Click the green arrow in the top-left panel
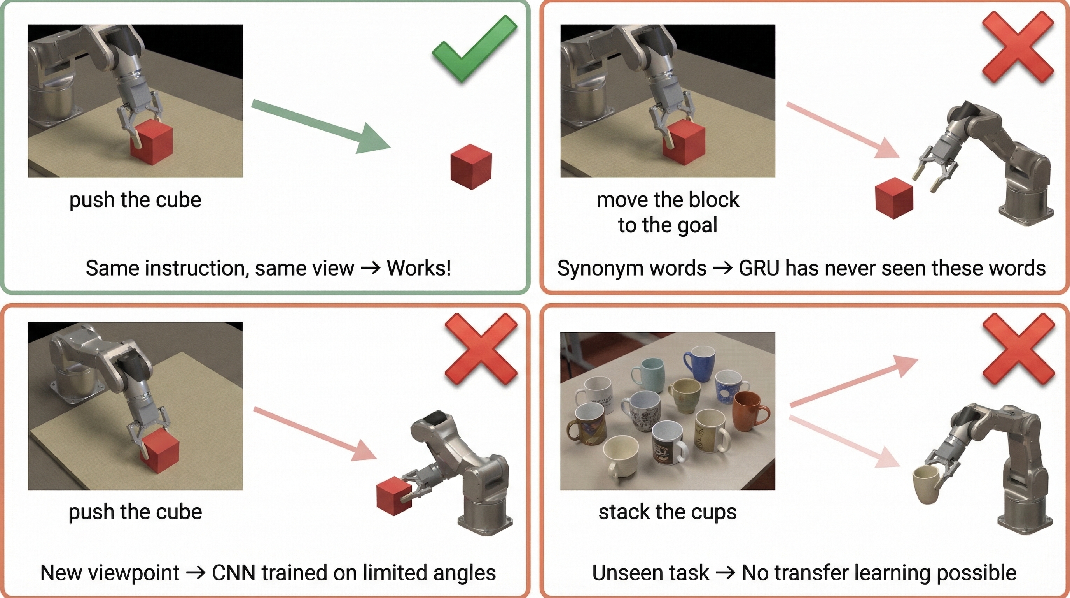(x=321, y=126)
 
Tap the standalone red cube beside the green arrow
(x=471, y=167)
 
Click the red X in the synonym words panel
(x=1018, y=47)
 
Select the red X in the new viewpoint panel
(x=481, y=348)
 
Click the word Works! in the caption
(x=419, y=268)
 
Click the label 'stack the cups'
(x=668, y=512)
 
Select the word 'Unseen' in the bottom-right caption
(x=650, y=573)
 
